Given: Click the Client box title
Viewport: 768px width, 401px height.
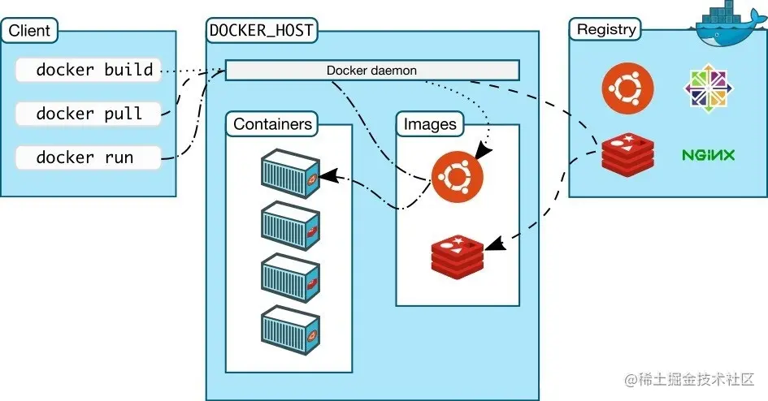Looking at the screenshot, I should pos(29,32).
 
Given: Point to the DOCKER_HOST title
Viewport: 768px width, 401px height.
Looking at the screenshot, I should pos(262,32).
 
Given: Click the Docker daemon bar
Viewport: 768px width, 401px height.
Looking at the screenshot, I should pos(371,71).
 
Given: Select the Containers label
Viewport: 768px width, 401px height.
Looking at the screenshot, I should pos(272,124).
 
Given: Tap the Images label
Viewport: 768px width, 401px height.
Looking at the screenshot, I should pos(430,124).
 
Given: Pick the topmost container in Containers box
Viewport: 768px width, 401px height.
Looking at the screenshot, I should pos(290,173).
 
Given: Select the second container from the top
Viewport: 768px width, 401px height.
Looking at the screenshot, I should pos(290,225).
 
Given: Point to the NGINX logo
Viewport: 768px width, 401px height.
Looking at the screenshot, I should pos(708,154).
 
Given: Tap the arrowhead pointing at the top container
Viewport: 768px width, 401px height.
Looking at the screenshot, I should pos(327,175).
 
